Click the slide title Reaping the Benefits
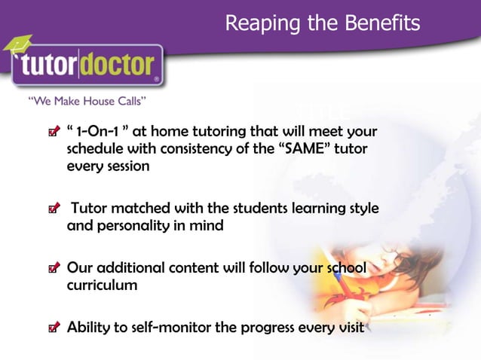pyautogui.click(x=323, y=24)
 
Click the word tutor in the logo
pyautogui.click(x=55, y=66)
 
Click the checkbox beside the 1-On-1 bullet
pyautogui.click(x=52, y=133)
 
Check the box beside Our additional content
pyautogui.click(x=52, y=269)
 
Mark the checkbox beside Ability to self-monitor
pyautogui.click(x=52, y=328)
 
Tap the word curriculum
pyautogui.click(x=102, y=285)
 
